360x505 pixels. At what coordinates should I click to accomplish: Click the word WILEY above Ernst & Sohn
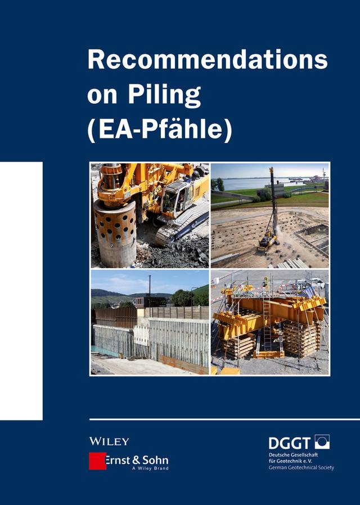(x=109, y=441)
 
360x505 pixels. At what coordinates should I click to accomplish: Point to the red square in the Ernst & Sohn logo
(x=97, y=461)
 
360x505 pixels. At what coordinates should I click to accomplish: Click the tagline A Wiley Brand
(x=150, y=469)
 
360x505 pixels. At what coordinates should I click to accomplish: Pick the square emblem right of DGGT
(x=322, y=442)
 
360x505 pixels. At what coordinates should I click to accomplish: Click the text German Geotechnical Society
(x=301, y=467)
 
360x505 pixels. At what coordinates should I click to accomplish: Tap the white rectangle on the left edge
(x=21, y=291)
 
